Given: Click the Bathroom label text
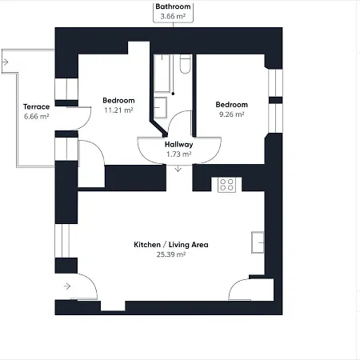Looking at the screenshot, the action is [173, 6].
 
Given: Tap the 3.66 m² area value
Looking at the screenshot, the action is [173, 16].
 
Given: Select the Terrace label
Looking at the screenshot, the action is [36, 106].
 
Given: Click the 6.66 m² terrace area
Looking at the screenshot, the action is [36, 116].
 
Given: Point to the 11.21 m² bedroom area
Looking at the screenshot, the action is [118, 110].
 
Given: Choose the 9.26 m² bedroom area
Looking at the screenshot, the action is [232, 114].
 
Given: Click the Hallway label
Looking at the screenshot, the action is [178, 145].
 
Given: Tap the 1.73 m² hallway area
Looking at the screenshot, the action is [178, 154].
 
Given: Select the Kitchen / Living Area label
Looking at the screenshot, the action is [171, 245].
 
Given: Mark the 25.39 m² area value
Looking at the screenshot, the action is [171, 254].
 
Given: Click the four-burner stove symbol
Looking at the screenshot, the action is [226, 185].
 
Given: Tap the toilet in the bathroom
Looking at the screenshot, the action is [185, 64].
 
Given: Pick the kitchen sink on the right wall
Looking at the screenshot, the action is [258, 242].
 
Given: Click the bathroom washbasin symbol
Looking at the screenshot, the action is [160, 108].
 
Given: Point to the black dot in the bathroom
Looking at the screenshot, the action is [173, 94].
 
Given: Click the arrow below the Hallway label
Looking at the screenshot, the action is [178, 169].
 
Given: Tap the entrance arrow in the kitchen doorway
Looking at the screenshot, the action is [67, 286].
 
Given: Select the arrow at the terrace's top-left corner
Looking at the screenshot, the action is [5, 62].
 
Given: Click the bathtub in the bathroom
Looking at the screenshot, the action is [162, 74].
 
